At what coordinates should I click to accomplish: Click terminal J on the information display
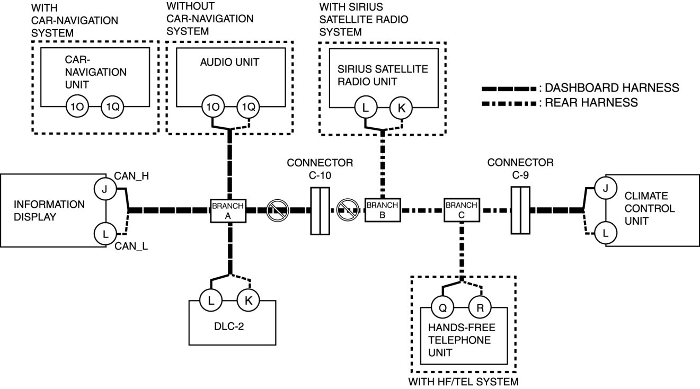104,188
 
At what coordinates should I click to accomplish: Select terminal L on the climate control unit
606,232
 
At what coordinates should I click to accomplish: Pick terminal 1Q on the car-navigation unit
112,108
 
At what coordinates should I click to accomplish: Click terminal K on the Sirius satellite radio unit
401,109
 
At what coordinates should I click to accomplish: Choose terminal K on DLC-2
247,300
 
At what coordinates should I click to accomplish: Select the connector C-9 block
520,210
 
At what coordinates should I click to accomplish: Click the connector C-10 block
320,210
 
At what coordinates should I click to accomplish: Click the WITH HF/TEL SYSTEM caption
463,381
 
